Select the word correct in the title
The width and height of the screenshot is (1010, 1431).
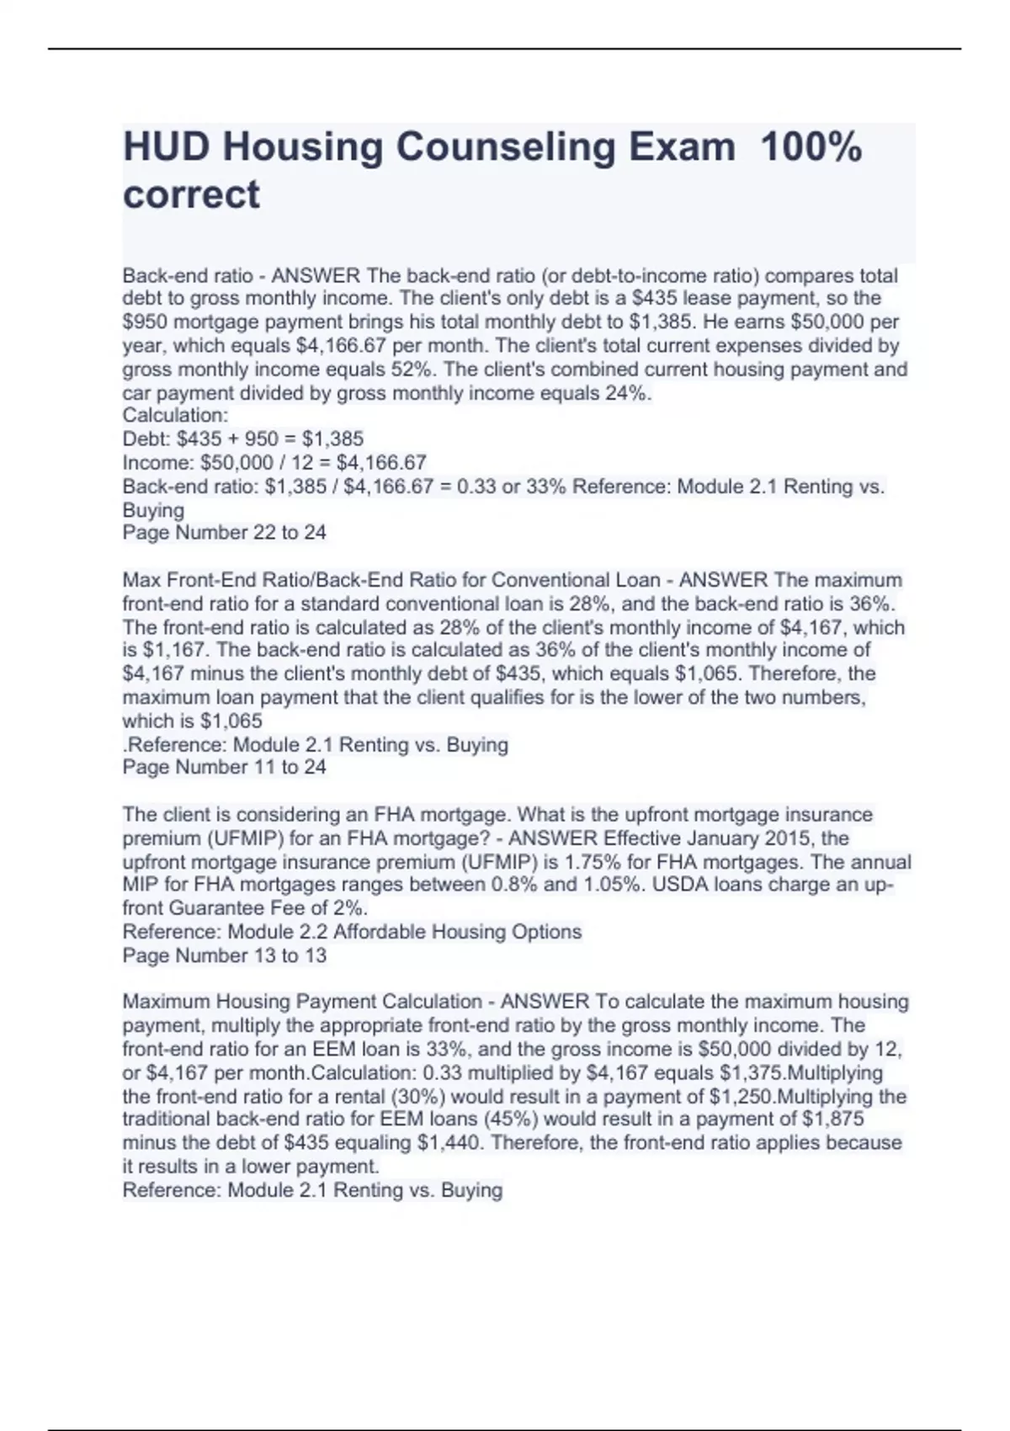tap(191, 194)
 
